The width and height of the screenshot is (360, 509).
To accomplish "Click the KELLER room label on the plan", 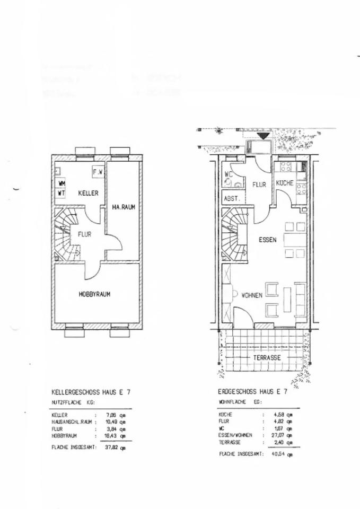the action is pos(89,194).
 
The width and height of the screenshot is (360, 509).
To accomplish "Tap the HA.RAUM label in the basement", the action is pos(124,208).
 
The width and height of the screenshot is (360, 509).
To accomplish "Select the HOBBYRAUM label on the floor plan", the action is pos(94,294).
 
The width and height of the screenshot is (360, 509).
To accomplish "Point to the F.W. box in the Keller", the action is pos(98,172).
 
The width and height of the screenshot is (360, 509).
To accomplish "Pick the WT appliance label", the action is pos(62,193).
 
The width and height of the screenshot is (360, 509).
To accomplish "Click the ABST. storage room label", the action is pos(232,198).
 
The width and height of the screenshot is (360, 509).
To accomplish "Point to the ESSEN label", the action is pos(268,240).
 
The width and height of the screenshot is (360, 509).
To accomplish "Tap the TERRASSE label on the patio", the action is pos(267,357).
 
